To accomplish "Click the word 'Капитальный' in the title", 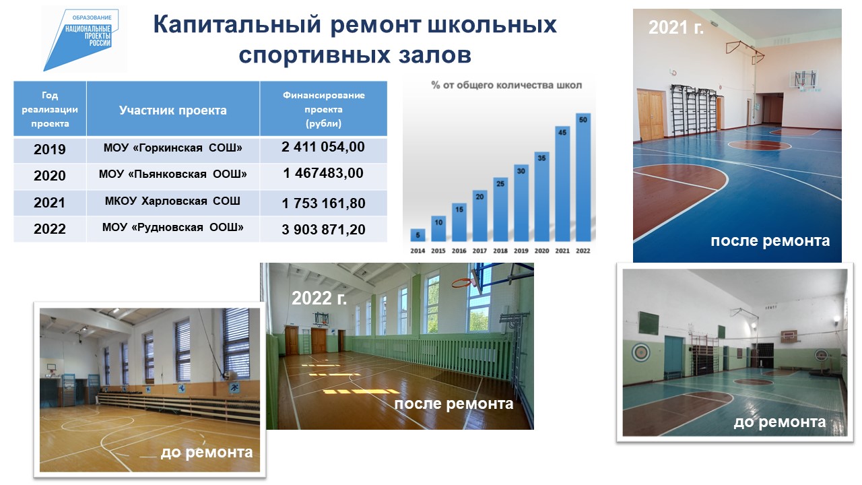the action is [237, 26].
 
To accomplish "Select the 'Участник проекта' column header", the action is [173, 110].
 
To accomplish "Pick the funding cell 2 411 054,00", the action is [323, 147].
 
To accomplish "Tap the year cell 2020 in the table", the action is [50, 176].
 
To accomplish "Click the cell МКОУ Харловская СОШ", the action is [172, 201].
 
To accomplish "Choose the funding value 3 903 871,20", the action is [323, 230].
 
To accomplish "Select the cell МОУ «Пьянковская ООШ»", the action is [173, 174].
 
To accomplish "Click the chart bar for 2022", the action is [583, 177].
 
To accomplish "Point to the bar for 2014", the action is [418, 235].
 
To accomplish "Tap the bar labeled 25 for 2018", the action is [500, 209].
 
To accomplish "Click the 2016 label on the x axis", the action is [459, 251].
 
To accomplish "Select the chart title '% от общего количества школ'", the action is [506, 85].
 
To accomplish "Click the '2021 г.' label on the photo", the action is [675, 28].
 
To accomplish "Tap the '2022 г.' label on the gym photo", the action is [319, 298].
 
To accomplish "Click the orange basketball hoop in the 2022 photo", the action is [461, 284].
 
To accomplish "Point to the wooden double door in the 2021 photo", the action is [651, 115].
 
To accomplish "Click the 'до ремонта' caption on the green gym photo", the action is [779, 422].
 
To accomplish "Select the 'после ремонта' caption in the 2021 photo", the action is [770, 241].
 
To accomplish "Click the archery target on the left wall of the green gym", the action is [641, 352].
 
